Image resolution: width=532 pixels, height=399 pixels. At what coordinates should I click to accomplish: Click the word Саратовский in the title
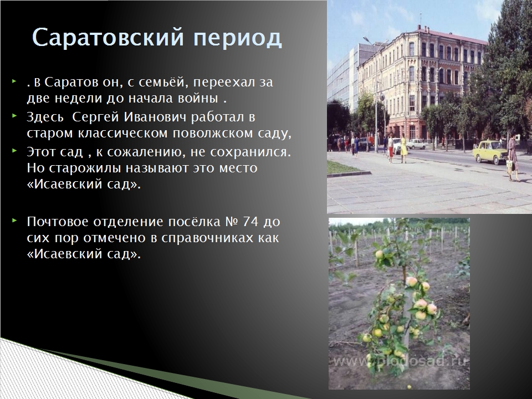(108, 37)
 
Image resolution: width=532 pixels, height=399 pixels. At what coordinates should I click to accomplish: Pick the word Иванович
(155, 117)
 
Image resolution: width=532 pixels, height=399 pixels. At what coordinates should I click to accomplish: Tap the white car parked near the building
(416, 144)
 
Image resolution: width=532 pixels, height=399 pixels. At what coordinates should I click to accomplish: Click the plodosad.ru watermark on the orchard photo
(401, 361)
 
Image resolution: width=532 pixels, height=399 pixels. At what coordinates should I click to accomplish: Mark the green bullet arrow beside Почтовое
(14, 221)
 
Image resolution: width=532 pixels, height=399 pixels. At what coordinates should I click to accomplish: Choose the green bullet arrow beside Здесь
(14, 116)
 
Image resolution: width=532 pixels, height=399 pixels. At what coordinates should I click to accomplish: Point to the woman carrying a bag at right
(513, 157)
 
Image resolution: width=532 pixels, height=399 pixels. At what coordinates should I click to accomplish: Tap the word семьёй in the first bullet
(161, 83)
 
